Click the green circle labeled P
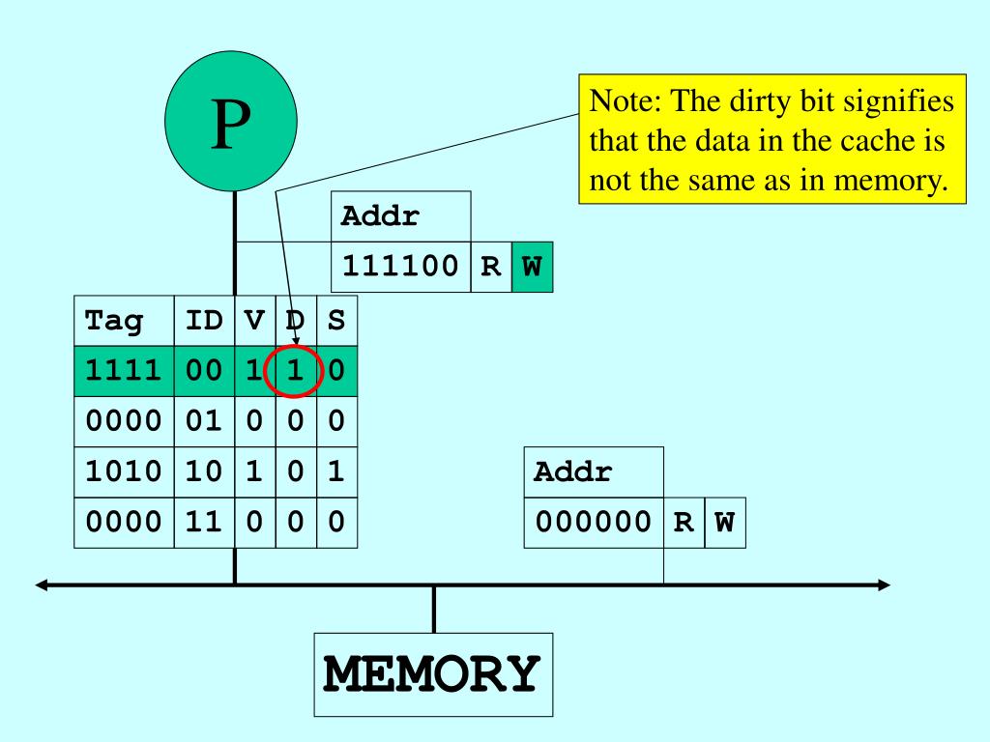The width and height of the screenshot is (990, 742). (x=233, y=126)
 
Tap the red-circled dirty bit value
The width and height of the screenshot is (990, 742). (x=296, y=371)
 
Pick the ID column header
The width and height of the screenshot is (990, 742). (x=204, y=320)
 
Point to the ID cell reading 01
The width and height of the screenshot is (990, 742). (x=204, y=421)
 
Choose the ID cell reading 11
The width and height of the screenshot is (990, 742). (x=204, y=523)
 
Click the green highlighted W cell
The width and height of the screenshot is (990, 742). (x=531, y=268)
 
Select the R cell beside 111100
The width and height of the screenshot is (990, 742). (x=490, y=268)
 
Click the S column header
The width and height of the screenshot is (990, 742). (x=336, y=320)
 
